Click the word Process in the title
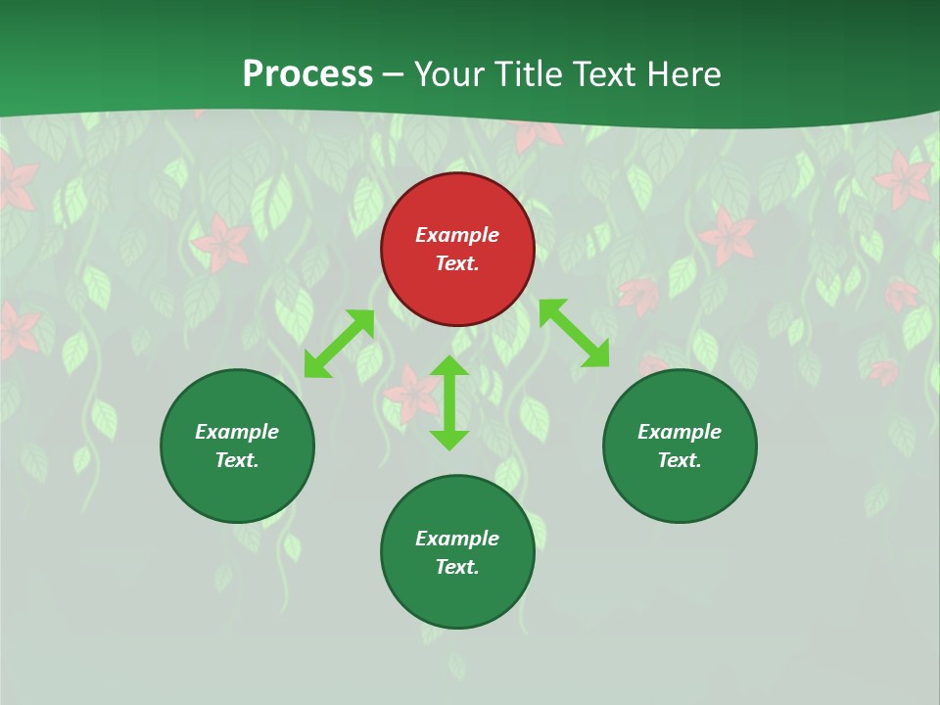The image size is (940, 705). [307, 74]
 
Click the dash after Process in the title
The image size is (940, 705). [393, 75]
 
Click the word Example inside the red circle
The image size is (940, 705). [457, 235]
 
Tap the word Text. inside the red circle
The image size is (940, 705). [457, 263]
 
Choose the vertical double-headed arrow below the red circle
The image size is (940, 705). [449, 402]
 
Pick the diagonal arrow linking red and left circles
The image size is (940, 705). [339, 344]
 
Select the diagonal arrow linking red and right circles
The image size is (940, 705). [574, 333]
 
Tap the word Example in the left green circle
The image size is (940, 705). [237, 432]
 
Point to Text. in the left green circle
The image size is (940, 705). [237, 460]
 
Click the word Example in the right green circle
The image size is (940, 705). [680, 432]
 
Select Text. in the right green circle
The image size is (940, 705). [680, 460]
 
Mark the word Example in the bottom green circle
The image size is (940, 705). [457, 539]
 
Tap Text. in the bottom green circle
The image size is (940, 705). [457, 567]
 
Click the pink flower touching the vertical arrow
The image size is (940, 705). [412, 396]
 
